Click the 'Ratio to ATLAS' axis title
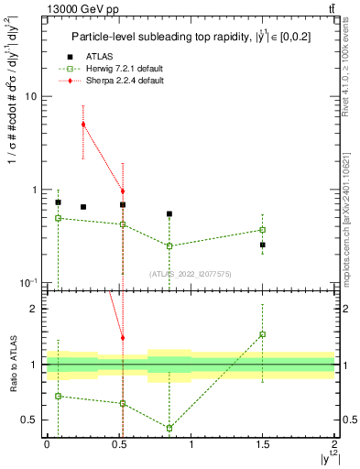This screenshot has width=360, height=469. point(13,364)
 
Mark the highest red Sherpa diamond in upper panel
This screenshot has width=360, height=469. point(83,125)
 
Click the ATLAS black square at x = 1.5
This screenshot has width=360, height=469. point(262,245)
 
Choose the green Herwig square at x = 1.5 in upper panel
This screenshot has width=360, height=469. point(262,230)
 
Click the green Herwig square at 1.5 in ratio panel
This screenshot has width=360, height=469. point(262,334)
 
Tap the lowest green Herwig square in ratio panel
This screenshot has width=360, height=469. point(169,428)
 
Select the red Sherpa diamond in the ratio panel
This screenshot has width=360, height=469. point(123,338)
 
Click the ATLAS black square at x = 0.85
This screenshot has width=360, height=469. point(169,214)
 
